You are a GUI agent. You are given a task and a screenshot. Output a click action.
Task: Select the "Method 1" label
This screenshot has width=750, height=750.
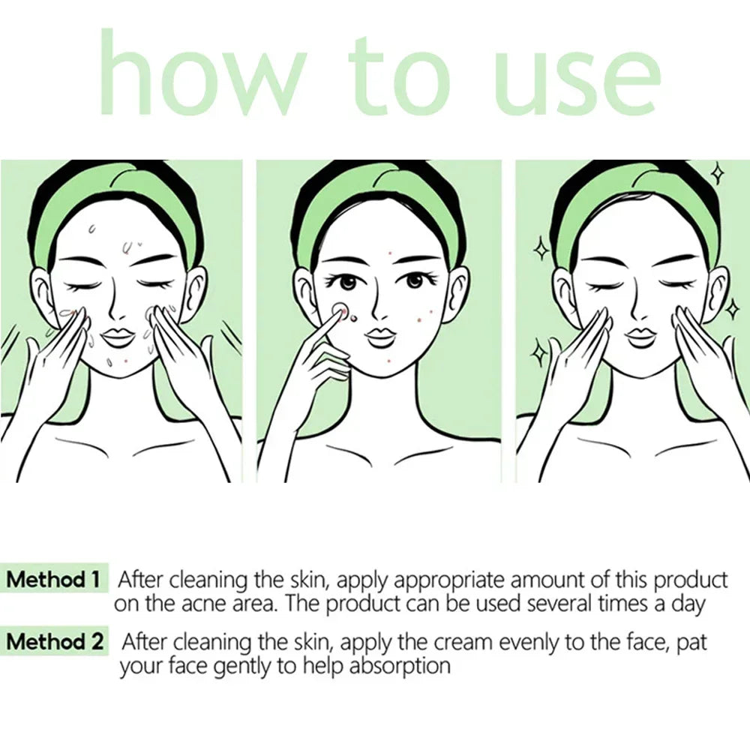[x=53, y=580]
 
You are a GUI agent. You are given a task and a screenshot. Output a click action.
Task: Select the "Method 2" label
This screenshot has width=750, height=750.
[x=55, y=642]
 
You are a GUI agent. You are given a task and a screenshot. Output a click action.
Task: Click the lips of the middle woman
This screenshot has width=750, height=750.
[x=381, y=335]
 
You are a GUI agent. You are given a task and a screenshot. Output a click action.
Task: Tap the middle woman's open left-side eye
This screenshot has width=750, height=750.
[x=346, y=283]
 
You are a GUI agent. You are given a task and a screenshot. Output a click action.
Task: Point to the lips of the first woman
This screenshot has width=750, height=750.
[x=118, y=335]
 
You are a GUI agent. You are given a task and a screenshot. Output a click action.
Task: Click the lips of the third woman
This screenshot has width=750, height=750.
[x=640, y=335]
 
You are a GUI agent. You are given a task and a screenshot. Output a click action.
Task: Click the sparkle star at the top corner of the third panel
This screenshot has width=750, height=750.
[x=718, y=174]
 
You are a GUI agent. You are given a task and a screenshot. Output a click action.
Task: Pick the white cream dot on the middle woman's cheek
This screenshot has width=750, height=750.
[x=340, y=309]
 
